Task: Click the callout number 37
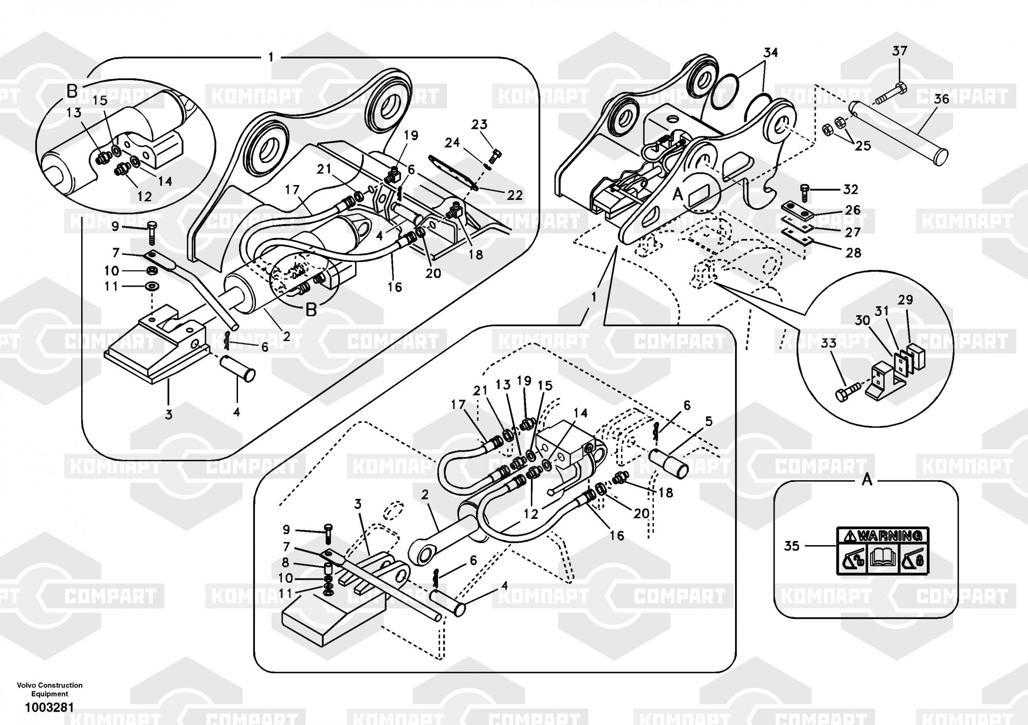899,51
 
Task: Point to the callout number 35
792,546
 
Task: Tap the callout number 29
905,300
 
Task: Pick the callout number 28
853,252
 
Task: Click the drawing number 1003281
49,708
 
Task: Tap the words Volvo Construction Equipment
49,689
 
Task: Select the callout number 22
515,195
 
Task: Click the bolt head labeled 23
497,153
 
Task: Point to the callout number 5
709,422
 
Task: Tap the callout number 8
286,563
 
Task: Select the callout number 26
853,210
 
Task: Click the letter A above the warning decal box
867,480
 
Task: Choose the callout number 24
452,142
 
